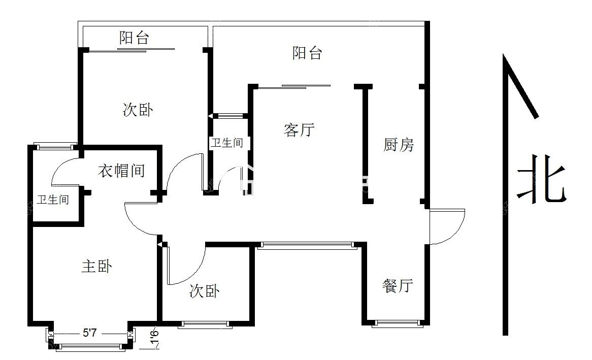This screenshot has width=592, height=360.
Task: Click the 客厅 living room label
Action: pos(299,130)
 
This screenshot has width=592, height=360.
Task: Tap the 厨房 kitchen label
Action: pos(399,145)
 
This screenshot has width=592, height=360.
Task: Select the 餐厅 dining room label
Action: pos(397,285)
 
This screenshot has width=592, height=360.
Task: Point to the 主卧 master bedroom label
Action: pos(96,266)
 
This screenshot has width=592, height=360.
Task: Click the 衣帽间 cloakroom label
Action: pos(121,171)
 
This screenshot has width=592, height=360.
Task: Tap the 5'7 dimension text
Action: pos(90,333)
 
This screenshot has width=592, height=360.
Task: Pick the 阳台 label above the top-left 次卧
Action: pos(134,38)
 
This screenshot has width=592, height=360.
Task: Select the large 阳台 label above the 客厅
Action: pos(307,53)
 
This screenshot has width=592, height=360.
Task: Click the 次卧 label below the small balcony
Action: pos(138,110)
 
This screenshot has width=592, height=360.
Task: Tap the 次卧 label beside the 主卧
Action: pos(204,291)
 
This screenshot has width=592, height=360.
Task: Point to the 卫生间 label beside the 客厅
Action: pos(226,142)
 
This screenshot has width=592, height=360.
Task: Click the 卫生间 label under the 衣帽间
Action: pos(53,199)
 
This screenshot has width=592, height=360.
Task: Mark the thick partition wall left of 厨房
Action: pos(365,144)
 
